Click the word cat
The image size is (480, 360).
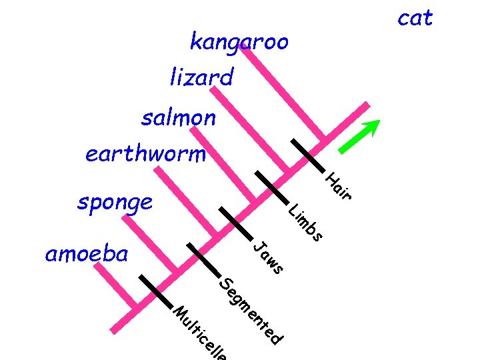click(x=415, y=18)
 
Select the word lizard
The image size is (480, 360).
click(x=201, y=79)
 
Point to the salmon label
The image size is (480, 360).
click(x=178, y=118)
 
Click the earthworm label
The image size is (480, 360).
click(x=145, y=155)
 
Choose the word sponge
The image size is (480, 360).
click(x=115, y=201)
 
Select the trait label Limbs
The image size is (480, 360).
click(x=306, y=223)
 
